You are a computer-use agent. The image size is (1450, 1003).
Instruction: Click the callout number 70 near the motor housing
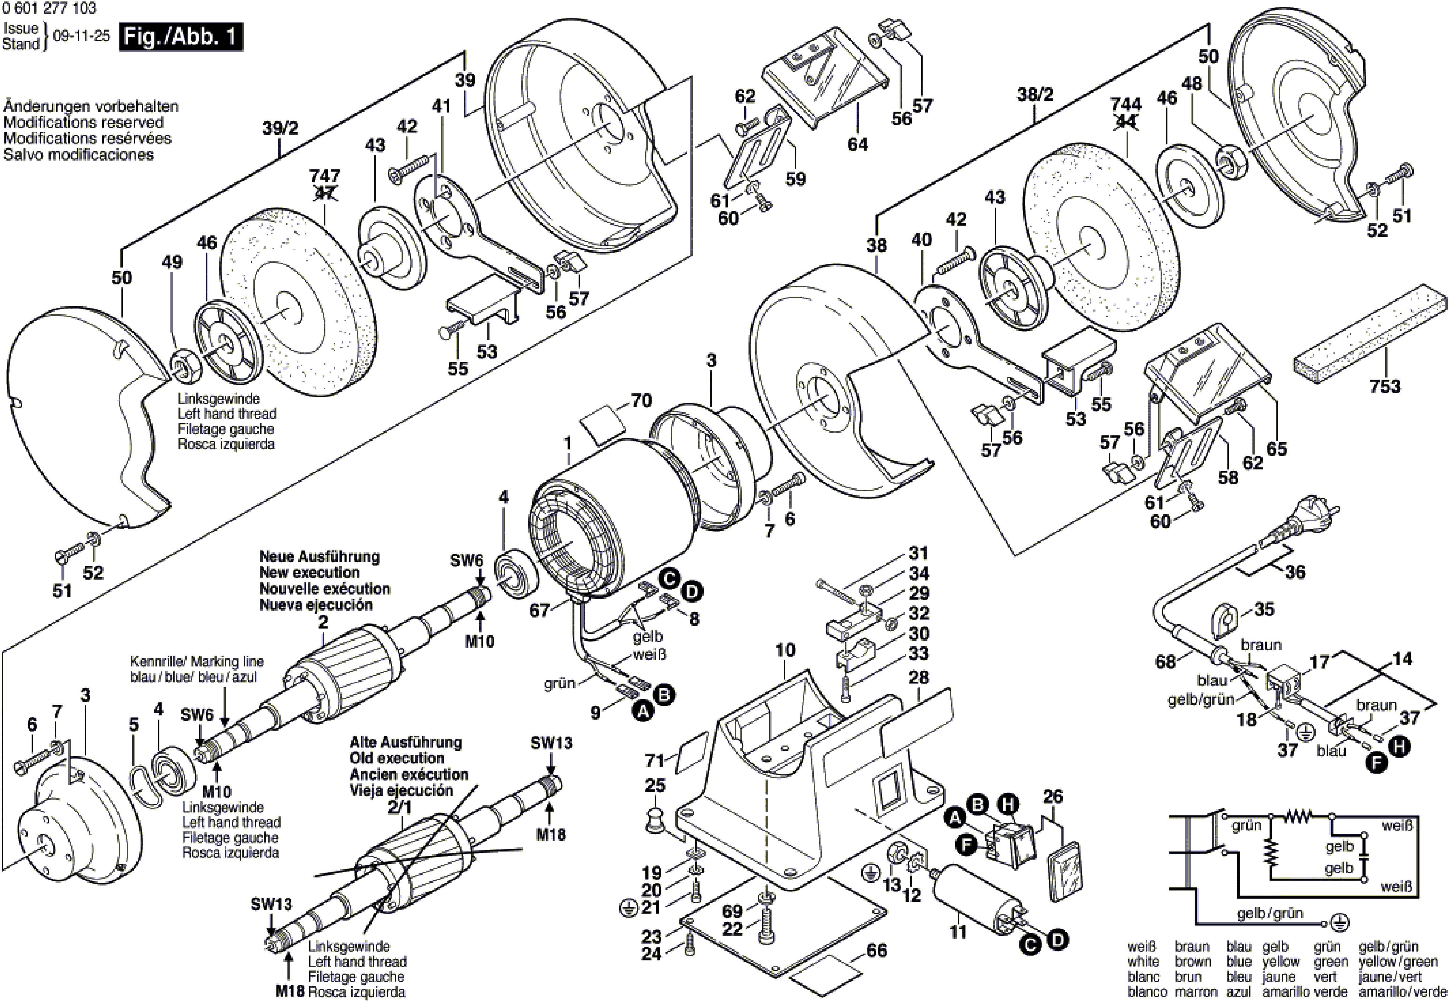641,400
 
